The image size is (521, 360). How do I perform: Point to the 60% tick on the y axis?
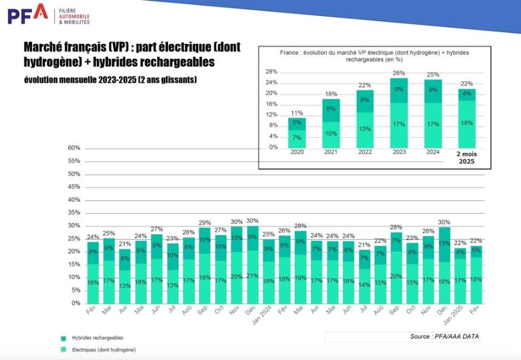[x=74, y=148]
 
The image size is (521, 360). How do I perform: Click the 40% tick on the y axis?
[x=74, y=200]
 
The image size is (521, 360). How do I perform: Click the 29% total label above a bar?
[x=205, y=223]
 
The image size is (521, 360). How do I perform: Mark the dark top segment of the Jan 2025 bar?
[x=460, y=253]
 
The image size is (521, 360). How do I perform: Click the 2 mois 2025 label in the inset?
[x=466, y=158]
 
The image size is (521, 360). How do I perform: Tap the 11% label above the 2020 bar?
[x=297, y=113]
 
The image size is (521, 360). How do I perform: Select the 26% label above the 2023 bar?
[x=399, y=73]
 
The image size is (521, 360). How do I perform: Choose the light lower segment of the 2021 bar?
[x=331, y=134]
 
